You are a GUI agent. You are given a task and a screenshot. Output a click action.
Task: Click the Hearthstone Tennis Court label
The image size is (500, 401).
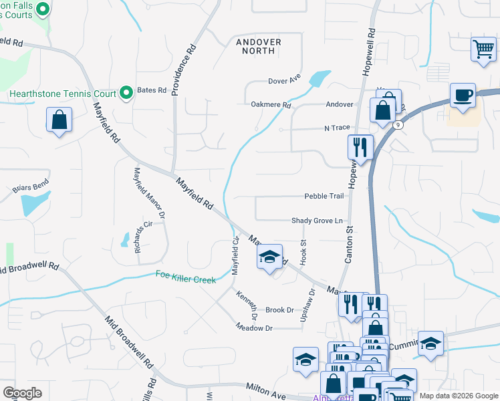coord(63,94)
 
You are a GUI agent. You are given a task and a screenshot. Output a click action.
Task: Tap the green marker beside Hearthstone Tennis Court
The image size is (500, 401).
coord(126,93)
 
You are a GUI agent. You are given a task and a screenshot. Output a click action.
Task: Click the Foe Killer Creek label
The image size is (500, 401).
coord(185,276)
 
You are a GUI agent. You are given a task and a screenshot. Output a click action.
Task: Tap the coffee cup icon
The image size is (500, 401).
coord(462,95)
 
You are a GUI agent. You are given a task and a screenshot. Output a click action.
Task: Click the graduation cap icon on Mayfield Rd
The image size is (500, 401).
coord(269,257)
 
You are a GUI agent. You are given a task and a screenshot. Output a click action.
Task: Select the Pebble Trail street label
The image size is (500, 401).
coord(324,196)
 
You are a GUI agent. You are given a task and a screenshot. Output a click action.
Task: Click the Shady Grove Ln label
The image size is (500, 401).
coord(317,221)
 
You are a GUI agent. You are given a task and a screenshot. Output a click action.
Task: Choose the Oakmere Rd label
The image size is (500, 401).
coord(271,105)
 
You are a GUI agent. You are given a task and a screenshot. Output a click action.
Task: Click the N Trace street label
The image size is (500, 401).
coord(337,128)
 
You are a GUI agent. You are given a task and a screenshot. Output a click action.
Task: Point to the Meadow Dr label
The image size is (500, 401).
coord(254,327)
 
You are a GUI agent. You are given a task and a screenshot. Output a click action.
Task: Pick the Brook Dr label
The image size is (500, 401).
coord(279,310)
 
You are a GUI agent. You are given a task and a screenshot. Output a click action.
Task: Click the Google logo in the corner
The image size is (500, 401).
coord(22,393)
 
